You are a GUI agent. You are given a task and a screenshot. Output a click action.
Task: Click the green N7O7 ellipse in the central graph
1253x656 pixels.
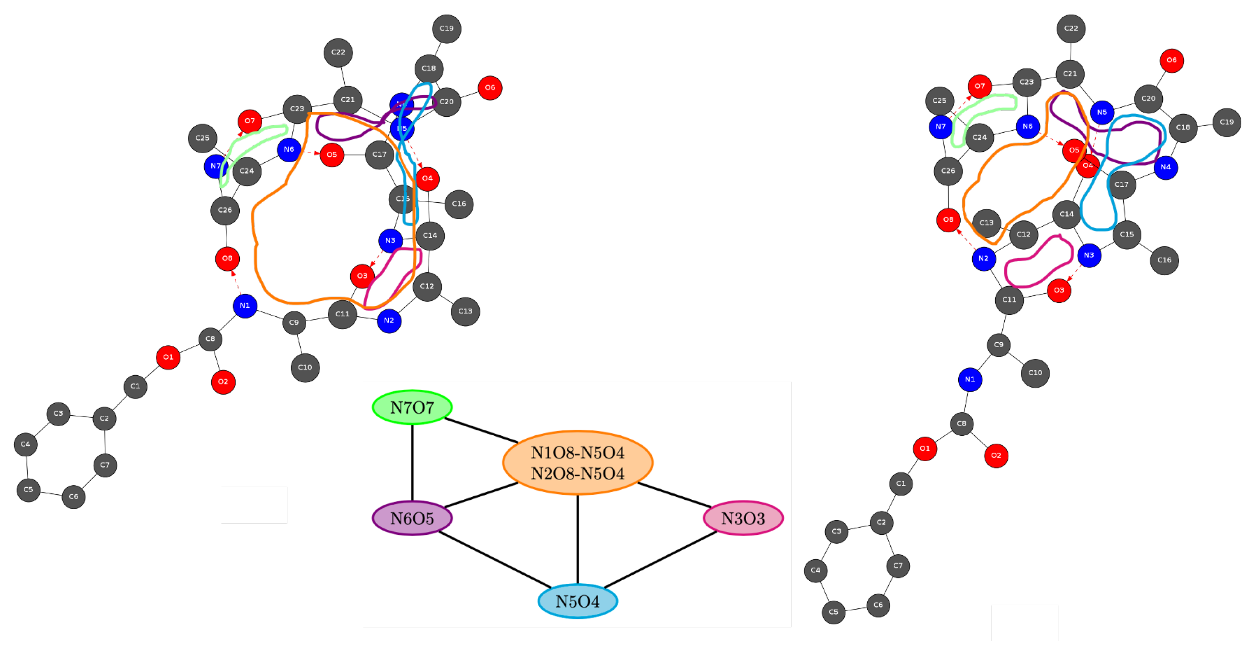tap(412, 407)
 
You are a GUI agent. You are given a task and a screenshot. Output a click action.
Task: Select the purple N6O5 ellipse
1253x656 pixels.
tap(412, 518)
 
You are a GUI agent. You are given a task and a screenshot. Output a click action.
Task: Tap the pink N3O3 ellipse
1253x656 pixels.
tap(743, 518)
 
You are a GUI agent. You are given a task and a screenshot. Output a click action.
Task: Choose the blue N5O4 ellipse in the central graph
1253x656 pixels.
tap(577, 601)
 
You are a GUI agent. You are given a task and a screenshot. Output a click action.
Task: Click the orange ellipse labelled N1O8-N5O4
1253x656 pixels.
tap(577, 462)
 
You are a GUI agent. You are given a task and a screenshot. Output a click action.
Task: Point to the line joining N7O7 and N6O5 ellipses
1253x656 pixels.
tap(412, 462)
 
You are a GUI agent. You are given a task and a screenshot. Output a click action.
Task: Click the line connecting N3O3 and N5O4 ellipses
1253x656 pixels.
tap(660, 560)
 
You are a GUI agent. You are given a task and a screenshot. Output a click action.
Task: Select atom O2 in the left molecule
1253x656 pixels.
tap(223, 382)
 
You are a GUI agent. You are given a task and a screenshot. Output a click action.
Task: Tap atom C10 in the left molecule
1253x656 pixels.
tap(305, 368)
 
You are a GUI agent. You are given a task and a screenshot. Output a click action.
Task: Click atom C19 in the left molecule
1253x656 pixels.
tap(447, 29)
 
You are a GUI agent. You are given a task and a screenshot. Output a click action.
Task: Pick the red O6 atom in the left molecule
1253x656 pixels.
tap(490, 88)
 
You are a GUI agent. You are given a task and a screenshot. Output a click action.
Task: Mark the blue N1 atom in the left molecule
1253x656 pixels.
tap(245, 306)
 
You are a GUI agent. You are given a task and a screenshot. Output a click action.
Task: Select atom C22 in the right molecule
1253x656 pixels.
tap(1071, 29)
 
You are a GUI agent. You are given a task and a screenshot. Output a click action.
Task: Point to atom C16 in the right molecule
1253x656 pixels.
tap(1164, 260)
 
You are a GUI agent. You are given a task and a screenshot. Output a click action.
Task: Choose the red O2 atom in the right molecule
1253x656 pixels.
tap(996, 456)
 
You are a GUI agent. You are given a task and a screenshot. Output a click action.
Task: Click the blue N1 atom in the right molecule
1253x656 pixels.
tap(969, 380)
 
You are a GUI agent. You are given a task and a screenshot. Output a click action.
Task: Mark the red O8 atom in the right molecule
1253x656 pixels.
tap(948, 220)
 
